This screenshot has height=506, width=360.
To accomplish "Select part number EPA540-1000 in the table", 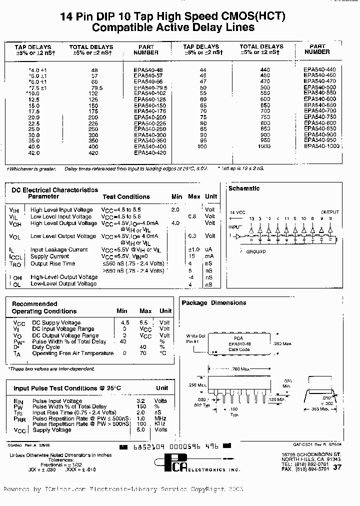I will tap(321, 146).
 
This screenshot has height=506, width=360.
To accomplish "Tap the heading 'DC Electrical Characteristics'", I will tap(54, 190).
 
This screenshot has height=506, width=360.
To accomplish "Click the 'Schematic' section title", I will tap(244, 188).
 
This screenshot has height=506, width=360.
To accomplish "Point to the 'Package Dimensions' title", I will tap(213, 303).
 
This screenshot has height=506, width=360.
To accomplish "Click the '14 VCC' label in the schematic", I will tap(238, 212).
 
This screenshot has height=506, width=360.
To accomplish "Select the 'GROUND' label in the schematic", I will tap(256, 251).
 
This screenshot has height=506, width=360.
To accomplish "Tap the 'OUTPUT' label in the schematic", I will tap(329, 212).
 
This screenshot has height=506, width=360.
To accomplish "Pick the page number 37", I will tap(337, 467).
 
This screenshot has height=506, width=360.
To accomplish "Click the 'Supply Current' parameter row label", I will tap(49, 256).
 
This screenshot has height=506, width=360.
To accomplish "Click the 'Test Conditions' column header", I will tap(126, 197).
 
